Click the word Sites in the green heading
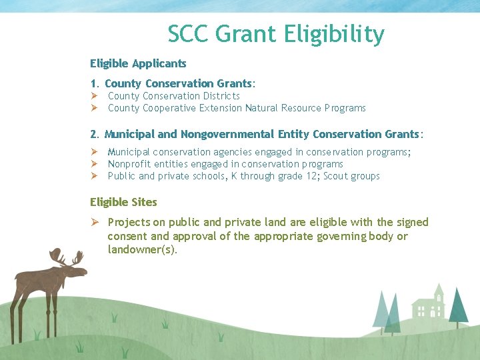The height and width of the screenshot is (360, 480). (143, 201)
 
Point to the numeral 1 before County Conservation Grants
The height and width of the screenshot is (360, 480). (93, 84)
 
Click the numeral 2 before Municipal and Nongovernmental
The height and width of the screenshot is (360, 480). (93, 135)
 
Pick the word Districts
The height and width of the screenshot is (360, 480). (221, 96)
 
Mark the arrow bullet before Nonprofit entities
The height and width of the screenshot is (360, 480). (94, 164)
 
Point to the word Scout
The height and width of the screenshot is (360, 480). (339, 177)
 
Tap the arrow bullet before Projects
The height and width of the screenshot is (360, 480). (94, 222)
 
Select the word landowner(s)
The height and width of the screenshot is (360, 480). (142, 250)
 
